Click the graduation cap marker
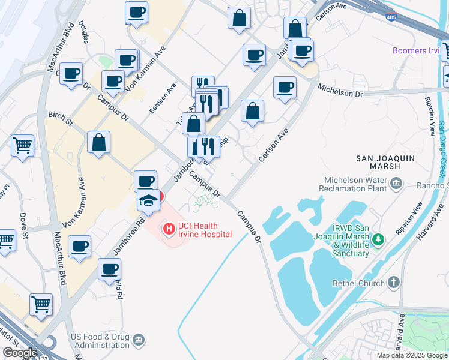pos(148,200)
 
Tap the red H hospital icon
pos(169,229)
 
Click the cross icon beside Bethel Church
pos(394,282)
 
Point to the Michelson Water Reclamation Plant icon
pos(396,183)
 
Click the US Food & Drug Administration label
pos(100,341)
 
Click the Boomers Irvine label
pos(417,50)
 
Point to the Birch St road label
pos(60,118)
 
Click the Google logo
pos(20,353)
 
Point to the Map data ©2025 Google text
pos(411,355)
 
